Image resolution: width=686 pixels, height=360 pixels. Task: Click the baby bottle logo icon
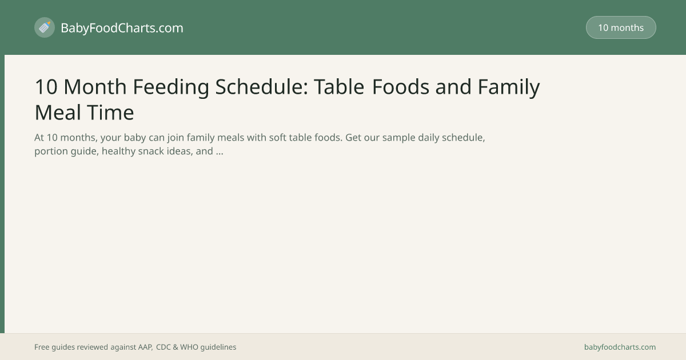[x=45, y=27]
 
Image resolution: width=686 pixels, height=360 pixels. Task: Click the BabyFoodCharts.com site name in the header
[x=122, y=28]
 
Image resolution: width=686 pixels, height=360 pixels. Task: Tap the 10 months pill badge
[x=621, y=27]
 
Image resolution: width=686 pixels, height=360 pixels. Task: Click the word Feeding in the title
[x=171, y=87]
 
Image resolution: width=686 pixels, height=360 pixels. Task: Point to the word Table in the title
[x=339, y=87]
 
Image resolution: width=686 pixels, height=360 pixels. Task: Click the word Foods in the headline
[x=401, y=87]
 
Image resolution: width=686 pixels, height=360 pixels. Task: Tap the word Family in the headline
[x=509, y=87]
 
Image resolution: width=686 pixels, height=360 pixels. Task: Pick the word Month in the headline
[x=95, y=87]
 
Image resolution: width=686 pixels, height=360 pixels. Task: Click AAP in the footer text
[x=145, y=347]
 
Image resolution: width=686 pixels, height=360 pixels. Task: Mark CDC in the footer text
[x=163, y=347]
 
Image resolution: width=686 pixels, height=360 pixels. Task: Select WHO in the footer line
[x=189, y=347]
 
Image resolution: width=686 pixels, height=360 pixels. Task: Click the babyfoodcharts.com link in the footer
[x=620, y=347]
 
